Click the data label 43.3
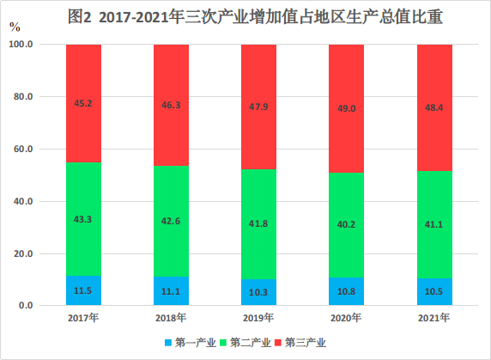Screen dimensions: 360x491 coord(83,220)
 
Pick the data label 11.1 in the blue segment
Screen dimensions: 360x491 coord(171,291)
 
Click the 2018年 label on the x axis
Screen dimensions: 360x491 coord(171,319)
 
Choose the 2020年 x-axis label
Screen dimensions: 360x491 coord(347,319)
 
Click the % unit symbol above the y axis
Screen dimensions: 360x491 coord(15,27)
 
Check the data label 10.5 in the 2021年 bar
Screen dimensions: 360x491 coord(434,291)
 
